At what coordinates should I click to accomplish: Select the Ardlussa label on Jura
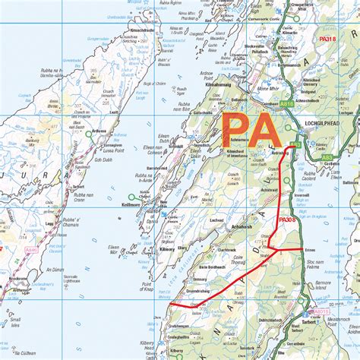pos(99,131)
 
